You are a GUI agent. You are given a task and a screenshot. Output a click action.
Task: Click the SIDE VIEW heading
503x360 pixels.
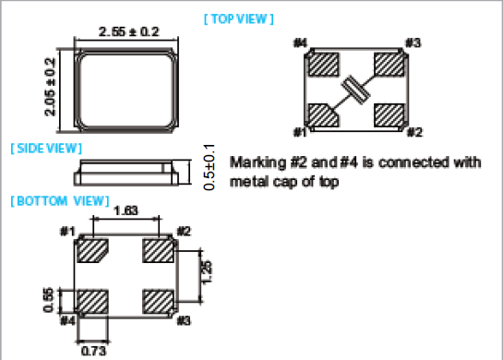(x=45, y=148)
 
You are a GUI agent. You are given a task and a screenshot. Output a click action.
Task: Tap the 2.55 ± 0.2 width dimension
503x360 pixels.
(x=128, y=31)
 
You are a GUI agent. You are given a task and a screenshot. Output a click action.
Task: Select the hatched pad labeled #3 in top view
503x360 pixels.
(x=391, y=64)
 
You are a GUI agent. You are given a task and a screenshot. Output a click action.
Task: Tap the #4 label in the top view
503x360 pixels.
(x=300, y=42)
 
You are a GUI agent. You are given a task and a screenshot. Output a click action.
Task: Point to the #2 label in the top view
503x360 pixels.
(x=414, y=131)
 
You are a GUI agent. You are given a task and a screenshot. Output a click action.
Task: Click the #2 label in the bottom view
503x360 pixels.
(x=183, y=231)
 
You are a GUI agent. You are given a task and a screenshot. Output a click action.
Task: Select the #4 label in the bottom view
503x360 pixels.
(x=66, y=320)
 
